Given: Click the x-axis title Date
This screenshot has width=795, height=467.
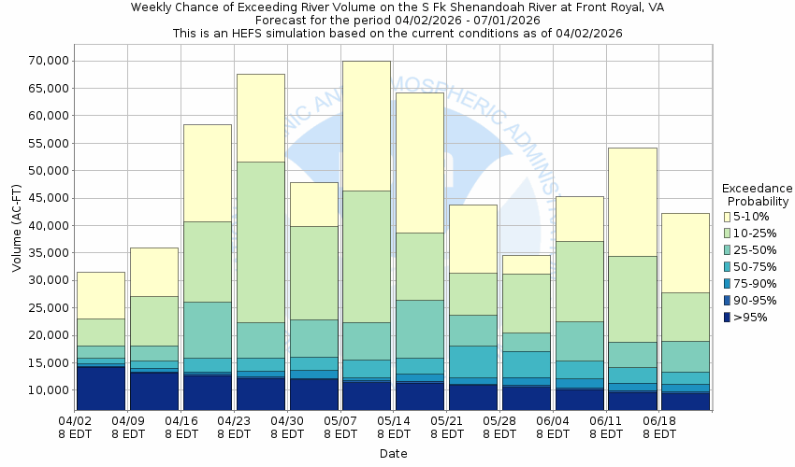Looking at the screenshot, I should click(x=394, y=454).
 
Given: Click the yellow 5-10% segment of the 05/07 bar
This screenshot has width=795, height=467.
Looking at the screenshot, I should click(x=367, y=126).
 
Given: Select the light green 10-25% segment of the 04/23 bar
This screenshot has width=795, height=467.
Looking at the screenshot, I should click(x=260, y=242).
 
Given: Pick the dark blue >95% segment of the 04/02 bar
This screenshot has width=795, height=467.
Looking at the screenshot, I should click(x=100, y=389).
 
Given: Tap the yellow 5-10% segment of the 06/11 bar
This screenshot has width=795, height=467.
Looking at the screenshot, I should click(x=633, y=202).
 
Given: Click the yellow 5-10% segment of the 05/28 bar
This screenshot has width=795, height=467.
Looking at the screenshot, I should click(x=527, y=264).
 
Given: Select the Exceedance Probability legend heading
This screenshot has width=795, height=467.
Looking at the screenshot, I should click(x=758, y=194).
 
